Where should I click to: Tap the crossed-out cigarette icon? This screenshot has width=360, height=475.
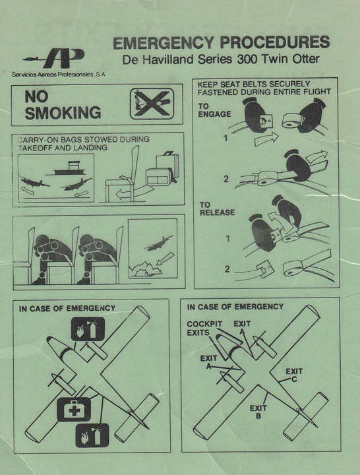[152, 104]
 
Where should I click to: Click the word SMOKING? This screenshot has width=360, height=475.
[63, 113]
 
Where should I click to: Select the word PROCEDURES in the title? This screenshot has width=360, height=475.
[275, 42]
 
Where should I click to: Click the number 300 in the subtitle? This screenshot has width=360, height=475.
[248, 59]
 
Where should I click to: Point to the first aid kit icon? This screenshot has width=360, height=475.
[74, 410]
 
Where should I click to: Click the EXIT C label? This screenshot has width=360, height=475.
[294, 375]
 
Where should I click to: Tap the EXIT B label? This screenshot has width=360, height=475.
[258, 412]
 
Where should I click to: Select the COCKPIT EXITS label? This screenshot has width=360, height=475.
[204, 329]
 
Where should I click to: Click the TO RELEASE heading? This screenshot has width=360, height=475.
[217, 208]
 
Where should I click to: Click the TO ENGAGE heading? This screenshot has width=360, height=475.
[214, 110]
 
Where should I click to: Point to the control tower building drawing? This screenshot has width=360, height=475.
[70, 168]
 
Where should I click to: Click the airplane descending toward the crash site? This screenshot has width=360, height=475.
[160, 243]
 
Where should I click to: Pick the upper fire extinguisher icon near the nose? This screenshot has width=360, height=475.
[88, 329]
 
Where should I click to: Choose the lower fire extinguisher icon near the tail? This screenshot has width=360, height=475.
[92, 435]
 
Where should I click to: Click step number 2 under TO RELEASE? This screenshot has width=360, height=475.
[227, 269]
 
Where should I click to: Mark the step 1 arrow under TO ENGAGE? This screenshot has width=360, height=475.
[266, 139]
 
